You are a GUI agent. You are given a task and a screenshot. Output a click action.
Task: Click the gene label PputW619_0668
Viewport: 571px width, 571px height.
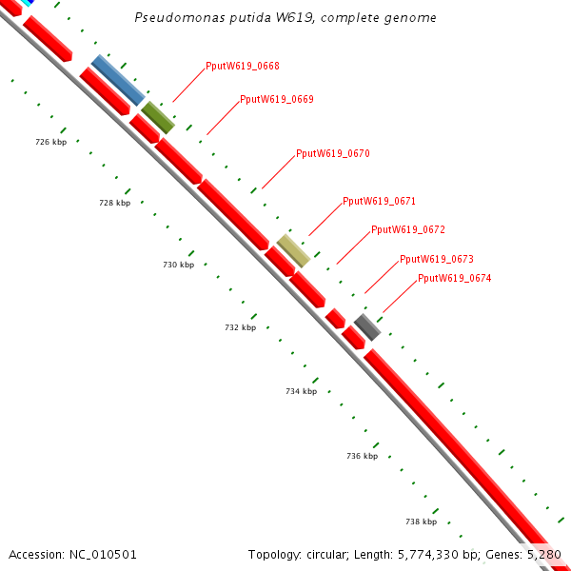[x=243, y=67]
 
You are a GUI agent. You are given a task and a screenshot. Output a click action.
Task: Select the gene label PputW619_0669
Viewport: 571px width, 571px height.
[x=277, y=99]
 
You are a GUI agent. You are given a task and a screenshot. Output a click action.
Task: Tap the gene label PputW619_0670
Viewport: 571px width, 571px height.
[x=333, y=153]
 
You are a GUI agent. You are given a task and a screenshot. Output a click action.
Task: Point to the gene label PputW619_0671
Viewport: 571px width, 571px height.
[x=379, y=201]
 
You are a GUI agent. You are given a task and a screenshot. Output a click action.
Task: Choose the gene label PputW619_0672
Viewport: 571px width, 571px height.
[x=408, y=229]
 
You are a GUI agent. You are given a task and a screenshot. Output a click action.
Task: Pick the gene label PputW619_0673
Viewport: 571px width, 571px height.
[x=437, y=259]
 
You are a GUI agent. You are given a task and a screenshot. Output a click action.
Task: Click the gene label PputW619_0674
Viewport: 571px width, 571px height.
[x=455, y=278]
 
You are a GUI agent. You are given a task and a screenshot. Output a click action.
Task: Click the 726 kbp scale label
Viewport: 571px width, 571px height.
[x=50, y=142]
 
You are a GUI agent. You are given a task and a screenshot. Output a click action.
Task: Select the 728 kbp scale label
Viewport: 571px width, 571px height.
[x=114, y=203]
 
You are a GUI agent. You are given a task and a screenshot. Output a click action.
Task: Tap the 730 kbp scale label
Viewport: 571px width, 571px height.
[x=178, y=265]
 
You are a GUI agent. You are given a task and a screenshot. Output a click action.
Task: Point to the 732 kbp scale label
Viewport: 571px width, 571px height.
[x=241, y=327]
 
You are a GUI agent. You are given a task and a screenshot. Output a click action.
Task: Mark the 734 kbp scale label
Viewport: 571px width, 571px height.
[x=301, y=391]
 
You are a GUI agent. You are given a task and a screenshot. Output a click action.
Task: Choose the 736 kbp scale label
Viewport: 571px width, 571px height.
[x=362, y=456]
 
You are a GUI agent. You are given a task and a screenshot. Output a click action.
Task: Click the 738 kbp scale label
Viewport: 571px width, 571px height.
[x=421, y=522]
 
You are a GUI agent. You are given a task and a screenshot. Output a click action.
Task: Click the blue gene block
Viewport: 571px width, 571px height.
[x=118, y=80]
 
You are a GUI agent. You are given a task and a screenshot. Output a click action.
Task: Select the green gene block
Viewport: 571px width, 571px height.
[x=158, y=117]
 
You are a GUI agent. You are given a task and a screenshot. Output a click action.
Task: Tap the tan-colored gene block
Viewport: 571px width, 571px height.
[x=293, y=250]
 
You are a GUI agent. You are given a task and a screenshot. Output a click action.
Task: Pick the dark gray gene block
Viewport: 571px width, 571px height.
[x=367, y=326]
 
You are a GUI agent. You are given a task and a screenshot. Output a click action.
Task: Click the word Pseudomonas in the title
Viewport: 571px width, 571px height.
[x=174, y=18]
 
